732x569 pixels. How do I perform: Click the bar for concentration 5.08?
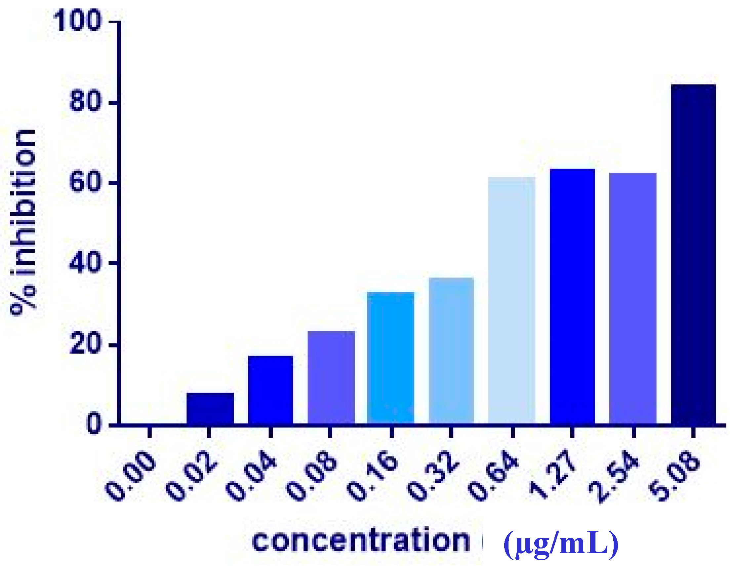(693, 255)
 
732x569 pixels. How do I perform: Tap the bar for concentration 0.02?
(210, 409)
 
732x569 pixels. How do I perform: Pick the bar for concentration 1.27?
(572, 297)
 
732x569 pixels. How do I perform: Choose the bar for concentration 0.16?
(391, 358)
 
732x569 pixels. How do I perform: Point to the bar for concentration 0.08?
(331, 378)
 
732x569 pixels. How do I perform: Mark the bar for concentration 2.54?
(633, 299)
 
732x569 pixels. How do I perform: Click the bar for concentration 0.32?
(451, 351)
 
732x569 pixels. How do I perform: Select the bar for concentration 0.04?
(271, 390)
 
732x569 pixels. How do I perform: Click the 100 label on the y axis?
(77, 21)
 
